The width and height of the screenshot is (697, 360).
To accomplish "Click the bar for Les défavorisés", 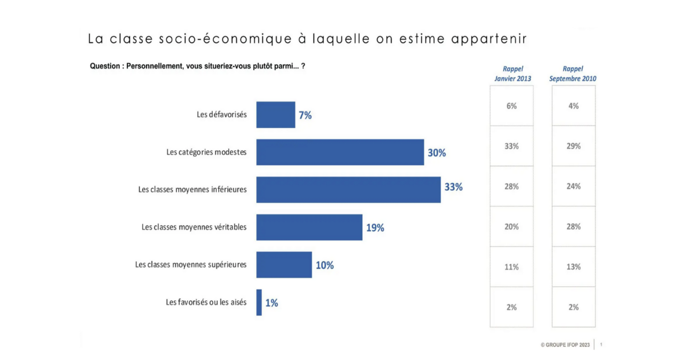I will coord(276,115).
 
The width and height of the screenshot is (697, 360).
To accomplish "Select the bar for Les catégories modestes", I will coord(340,152).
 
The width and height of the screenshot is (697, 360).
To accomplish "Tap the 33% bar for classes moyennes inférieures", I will coord(348,190).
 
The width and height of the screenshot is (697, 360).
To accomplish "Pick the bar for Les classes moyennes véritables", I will coord(309,227).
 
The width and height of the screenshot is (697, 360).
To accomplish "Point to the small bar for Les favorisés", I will coord(259,302).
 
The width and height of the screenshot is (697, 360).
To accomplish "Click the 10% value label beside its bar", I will coord(325,265).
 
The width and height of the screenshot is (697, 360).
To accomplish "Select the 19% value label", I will coord(375,228).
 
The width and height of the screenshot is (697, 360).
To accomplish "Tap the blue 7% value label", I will coord(305,115).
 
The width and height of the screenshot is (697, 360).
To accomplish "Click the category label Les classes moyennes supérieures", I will coord(191,265).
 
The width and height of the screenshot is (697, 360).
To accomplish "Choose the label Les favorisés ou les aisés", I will coord(206,302).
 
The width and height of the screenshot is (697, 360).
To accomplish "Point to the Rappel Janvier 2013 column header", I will coord(513,74).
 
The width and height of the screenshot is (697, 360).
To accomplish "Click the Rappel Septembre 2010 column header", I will coord(572,74).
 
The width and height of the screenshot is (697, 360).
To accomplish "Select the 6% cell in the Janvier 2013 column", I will coord(511,106).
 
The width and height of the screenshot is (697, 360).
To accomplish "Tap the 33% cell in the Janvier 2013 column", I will coord(511,146).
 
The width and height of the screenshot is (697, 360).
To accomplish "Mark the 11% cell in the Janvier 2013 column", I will coord(511,267).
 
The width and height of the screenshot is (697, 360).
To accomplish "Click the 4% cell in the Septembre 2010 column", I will coord(573,106).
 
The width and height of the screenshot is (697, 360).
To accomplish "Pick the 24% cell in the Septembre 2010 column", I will coord(573,186).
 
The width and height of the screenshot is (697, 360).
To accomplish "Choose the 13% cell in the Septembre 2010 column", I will coord(573,267).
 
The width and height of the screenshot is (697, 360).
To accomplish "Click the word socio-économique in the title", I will coord(225,39).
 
